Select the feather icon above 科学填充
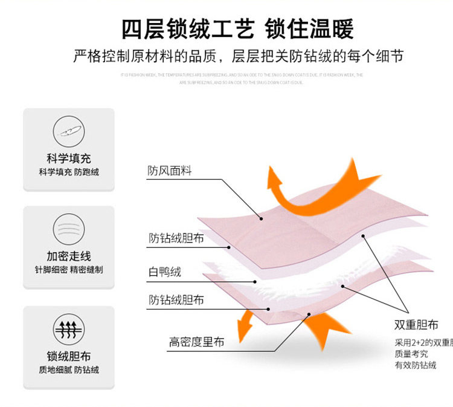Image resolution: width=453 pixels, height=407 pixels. pos(68,129)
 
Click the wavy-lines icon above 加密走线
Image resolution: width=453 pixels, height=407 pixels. pos(68,228)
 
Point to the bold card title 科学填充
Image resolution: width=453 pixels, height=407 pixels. pos(68,158)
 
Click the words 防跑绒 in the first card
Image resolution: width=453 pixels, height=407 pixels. pos(87,172)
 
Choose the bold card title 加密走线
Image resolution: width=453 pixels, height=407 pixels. pos(68,256)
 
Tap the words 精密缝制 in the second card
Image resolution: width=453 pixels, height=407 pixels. pos(86,270)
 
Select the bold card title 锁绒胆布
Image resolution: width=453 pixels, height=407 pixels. pos(68,356)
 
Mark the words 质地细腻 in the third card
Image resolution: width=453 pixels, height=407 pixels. pos(51,370)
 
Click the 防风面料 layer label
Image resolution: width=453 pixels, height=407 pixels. pos(170,171)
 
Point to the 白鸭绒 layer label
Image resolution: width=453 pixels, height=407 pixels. pos(164,272)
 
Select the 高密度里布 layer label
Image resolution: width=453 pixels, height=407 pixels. pos(196,342)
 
